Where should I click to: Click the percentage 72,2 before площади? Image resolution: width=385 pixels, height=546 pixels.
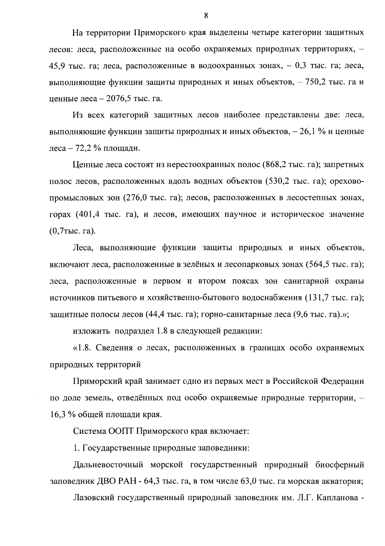pyautogui.click(x=84, y=149)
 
